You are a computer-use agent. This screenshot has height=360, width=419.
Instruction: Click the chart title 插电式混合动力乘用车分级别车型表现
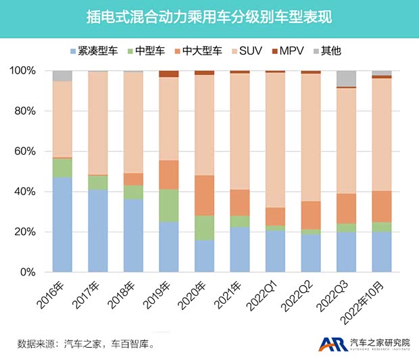pos(209,16)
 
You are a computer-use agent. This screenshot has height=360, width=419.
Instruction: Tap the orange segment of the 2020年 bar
pos(204,195)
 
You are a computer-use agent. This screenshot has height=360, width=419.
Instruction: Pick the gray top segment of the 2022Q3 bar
pos(346,78)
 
